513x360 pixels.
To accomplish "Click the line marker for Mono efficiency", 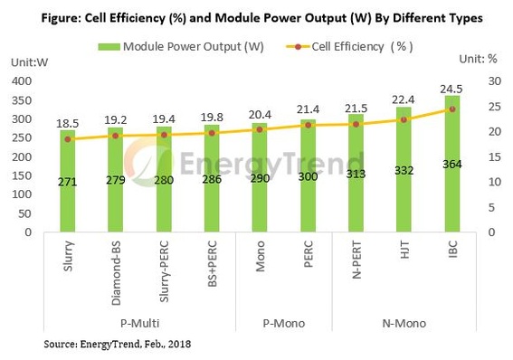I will click(260, 129).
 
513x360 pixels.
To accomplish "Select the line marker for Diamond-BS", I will click(116, 136).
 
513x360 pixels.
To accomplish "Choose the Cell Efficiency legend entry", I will click(347, 45).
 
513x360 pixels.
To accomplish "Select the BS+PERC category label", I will click(212, 269).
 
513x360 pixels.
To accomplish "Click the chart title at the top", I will click(256, 17).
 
